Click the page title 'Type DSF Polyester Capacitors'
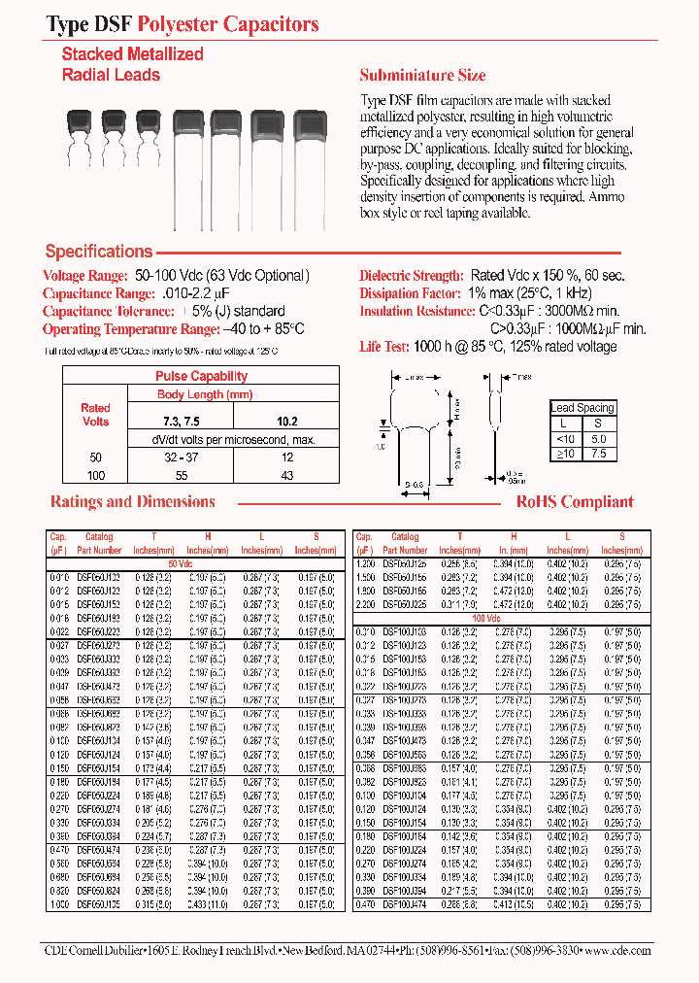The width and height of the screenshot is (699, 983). pos(183,24)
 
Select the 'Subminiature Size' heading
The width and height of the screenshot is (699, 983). pos(422,75)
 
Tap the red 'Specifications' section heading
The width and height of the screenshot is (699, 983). pos(99,252)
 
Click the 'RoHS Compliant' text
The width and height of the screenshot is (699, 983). pos(575,501)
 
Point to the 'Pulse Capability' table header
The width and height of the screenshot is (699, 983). pos(201,376)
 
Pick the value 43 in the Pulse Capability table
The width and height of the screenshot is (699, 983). pos(286,476)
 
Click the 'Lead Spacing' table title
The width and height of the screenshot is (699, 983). pos(582,408)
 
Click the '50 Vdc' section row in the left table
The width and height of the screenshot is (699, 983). pos(182,563)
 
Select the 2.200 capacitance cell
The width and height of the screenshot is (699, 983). pos(364,604)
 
